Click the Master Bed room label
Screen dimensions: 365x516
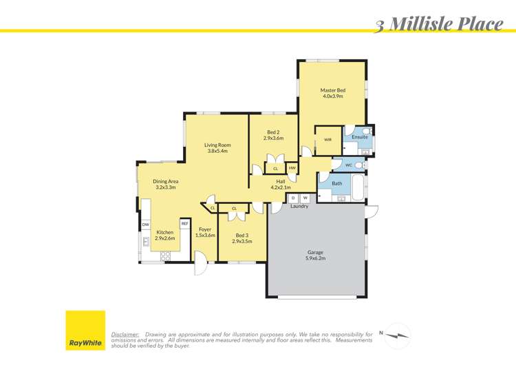pyautogui.click(x=332, y=94)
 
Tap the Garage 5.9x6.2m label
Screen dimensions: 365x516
pyautogui.click(x=316, y=255)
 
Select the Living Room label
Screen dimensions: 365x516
pyautogui.click(x=217, y=148)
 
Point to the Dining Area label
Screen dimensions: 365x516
pyautogui.click(x=165, y=184)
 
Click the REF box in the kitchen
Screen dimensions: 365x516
pyautogui.click(x=184, y=224)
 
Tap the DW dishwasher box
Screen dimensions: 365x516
pyautogui.click(x=146, y=225)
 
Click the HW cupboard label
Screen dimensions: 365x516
pyautogui.click(x=292, y=168)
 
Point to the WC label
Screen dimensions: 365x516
pyautogui.click(x=349, y=165)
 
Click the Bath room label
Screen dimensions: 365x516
pyautogui.click(x=337, y=183)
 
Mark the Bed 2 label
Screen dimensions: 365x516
pyautogui.click(x=273, y=136)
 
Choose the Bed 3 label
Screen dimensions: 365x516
pyautogui.click(x=239, y=239)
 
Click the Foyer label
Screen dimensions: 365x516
pyautogui.click(x=205, y=232)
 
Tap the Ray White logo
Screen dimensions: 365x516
pyautogui.click(x=85, y=331)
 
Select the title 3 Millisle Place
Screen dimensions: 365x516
pyautogui.click(x=439, y=25)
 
